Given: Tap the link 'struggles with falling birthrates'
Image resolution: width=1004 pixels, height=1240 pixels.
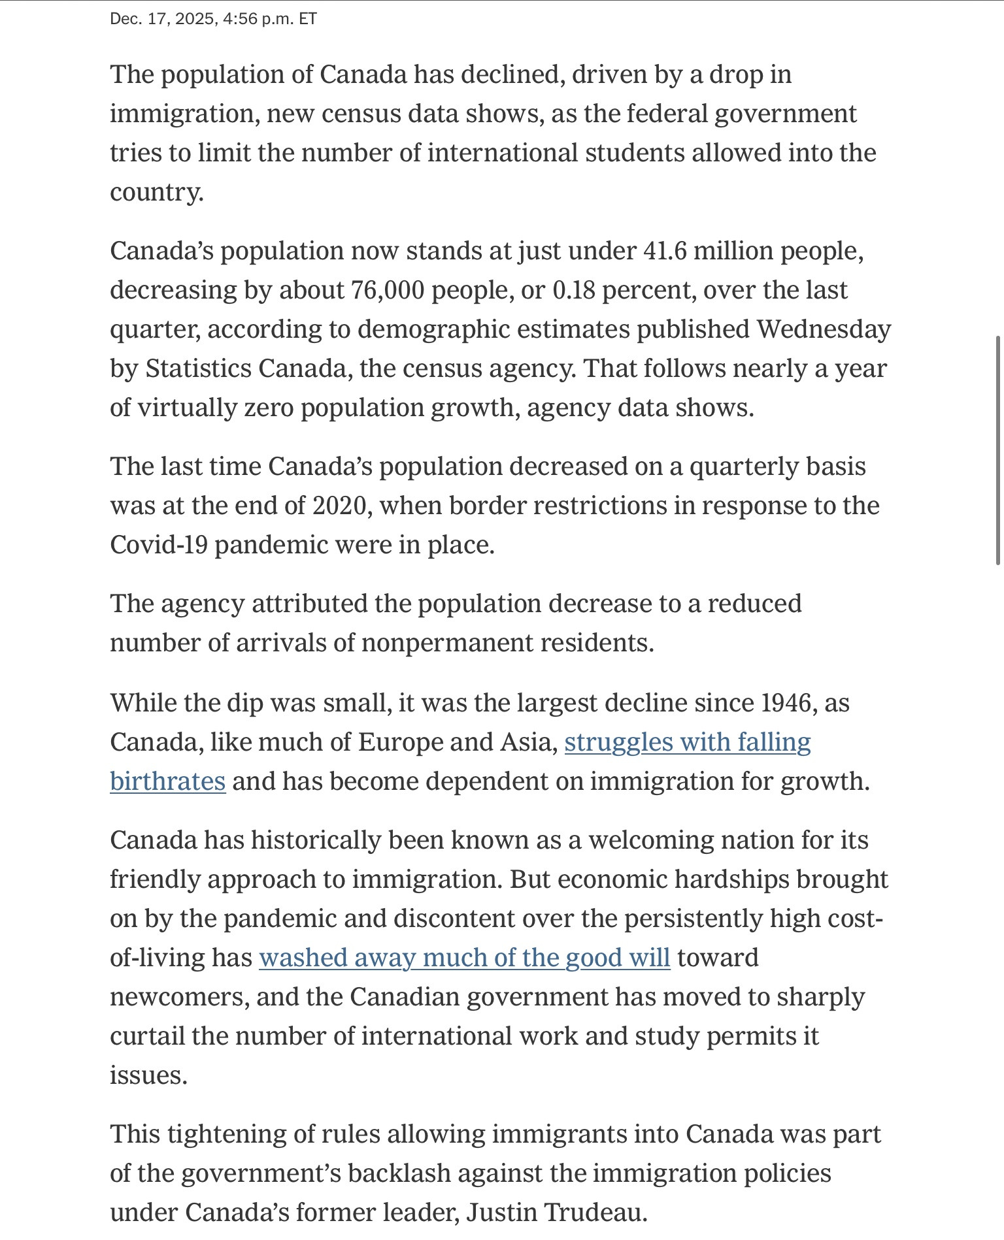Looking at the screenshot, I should click(x=687, y=742).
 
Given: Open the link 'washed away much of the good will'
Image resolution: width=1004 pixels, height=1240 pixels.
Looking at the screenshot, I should click(x=464, y=958).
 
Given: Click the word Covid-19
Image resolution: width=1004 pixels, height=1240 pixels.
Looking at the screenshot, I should click(x=158, y=545).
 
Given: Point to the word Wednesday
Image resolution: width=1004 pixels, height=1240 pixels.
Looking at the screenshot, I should click(x=824, y=329).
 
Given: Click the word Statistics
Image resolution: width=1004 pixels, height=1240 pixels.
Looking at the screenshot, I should click(x=198, y=368).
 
